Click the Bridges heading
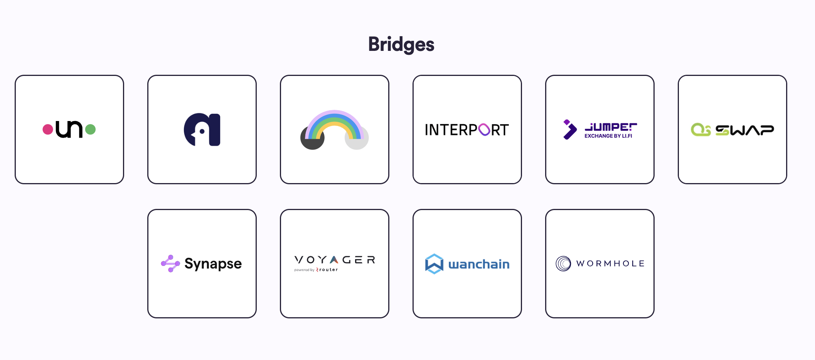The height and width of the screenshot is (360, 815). click(401, 44)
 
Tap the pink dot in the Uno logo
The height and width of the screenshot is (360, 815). click(48, 129)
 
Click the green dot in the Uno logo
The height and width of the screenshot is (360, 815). click(90, 129)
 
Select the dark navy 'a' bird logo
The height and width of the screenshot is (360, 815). click(202, 130)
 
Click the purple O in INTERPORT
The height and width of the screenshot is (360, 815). click(484, 130)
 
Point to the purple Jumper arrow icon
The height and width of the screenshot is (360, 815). click(569, 130)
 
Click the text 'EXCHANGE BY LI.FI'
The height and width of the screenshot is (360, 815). click(608, 136)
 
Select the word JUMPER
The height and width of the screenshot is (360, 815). click(611, 127)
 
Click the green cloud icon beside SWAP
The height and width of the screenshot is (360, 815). click(700, 130)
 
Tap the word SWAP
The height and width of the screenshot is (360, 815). click(744, 130)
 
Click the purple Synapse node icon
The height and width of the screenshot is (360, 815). click(170, 264)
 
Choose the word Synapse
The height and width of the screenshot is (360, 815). click(213, 264)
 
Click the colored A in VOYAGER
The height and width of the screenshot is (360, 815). click(334, 260)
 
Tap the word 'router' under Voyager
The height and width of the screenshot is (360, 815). click(328, 270)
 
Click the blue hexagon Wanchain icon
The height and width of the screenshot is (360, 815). click(434, 264)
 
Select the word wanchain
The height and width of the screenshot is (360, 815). click(479, 264)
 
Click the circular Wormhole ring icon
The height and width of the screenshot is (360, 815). click(563, 264)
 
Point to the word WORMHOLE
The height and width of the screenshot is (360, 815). click(610, 264)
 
